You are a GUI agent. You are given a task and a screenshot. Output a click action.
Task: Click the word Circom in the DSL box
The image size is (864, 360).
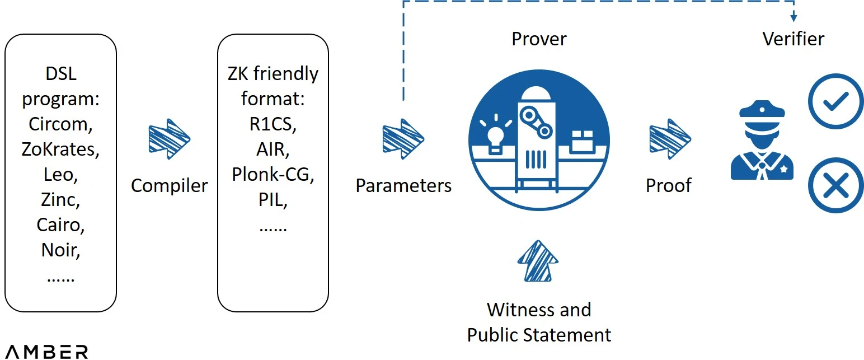click(60, 124)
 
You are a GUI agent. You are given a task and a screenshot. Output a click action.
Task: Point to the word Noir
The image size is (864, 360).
click(60, 250)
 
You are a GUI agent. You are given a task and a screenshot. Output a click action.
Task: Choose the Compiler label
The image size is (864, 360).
click(169, 185)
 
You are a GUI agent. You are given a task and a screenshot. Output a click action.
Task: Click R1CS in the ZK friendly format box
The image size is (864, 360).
click(273, 124)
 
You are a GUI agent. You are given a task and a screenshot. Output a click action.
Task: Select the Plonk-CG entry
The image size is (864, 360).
click(273, 174)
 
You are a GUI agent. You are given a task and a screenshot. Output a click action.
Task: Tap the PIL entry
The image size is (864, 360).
click(273, 199)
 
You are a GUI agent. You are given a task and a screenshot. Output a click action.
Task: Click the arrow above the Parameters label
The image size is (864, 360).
click(403, 139)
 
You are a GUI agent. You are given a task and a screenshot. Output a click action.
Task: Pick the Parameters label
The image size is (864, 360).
click(403, 185)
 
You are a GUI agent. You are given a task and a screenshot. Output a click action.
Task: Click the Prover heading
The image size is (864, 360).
click(539, 39)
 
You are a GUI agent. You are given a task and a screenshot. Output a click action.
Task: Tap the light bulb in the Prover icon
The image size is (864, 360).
click(496, 134)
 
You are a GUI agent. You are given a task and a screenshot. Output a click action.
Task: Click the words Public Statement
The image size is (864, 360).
click(539, 335)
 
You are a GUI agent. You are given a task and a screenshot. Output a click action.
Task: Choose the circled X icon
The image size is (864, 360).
click(836, 185)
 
